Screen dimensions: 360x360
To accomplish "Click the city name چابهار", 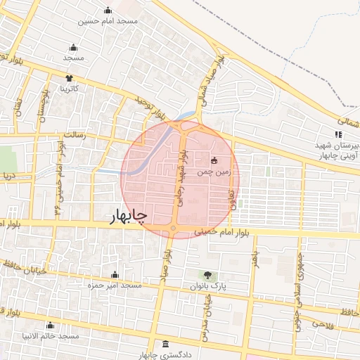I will tap(129, 217).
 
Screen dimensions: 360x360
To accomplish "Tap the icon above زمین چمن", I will tap(214, 160).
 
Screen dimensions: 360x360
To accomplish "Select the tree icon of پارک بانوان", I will tap(207, 275).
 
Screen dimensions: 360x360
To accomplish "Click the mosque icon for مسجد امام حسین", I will tap(108, 11).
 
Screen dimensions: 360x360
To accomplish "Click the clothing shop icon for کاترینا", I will tap(69, 78).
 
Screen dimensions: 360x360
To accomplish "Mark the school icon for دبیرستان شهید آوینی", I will tap(338, 134).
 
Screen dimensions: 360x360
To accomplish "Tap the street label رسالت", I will tap(73, 134).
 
